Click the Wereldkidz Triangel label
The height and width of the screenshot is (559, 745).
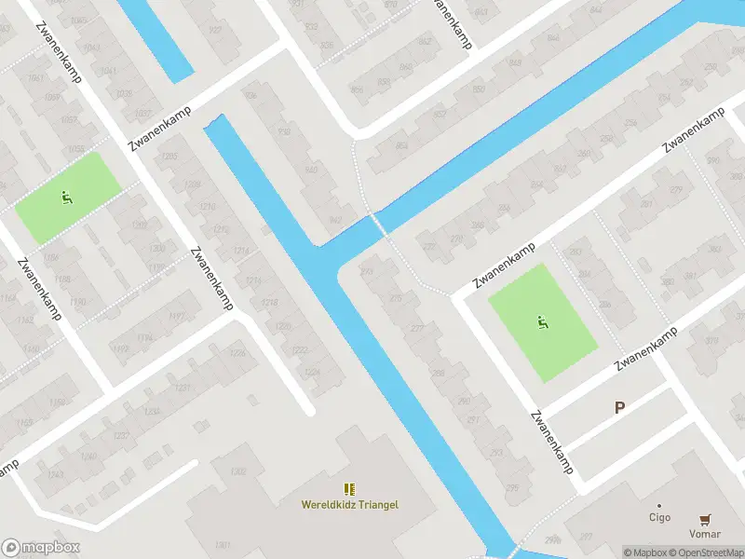coord(349,505)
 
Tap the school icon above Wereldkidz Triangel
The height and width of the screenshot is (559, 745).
coord(349,489)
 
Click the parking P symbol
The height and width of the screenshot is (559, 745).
coord(619,407)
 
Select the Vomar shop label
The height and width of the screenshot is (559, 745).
coord(705,535)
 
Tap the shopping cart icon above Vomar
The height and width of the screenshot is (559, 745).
coord(705,520)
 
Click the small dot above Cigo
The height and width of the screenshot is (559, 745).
coord(659,506)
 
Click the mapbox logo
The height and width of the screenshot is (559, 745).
coord(41,548)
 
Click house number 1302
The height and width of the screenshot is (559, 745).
coord(237,471)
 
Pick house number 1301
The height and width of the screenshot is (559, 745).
coord(222,545)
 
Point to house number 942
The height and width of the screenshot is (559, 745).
coord(334,220)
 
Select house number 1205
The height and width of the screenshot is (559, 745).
coord(169,156)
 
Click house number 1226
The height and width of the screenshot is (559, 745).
coord(237,353)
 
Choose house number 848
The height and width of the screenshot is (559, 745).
coord(515,63)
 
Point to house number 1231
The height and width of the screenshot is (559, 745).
coord(182,388)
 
